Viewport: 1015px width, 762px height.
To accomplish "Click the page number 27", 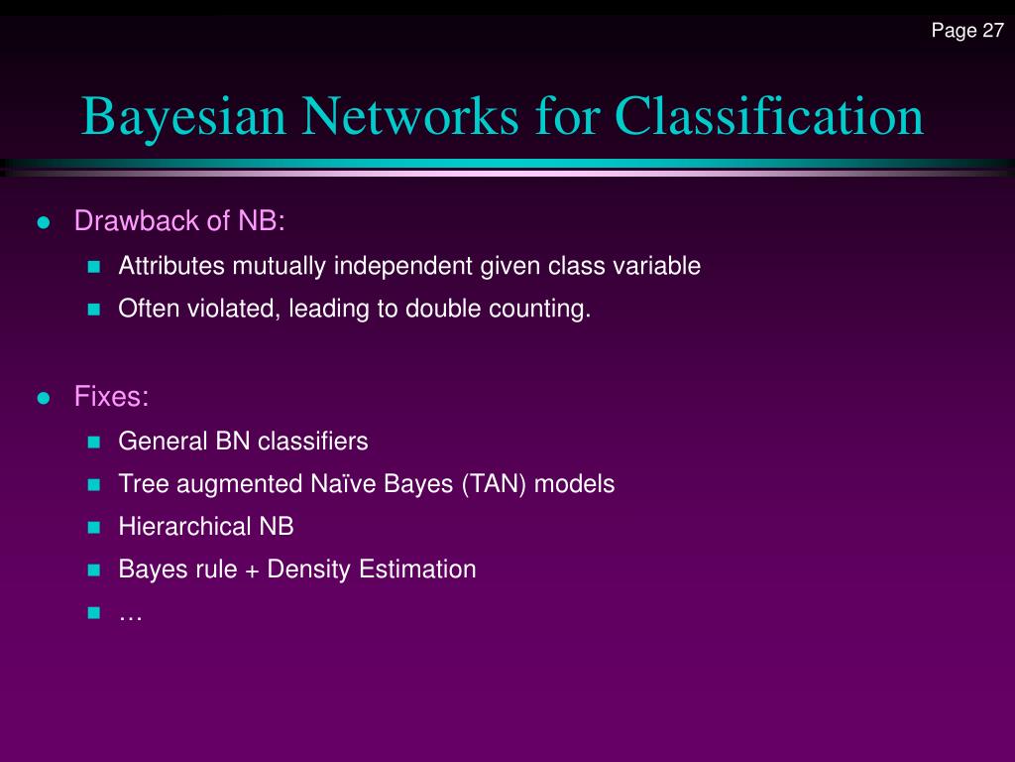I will pyautogui.click(x=993, y=31).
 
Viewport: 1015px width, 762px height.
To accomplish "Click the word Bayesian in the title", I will pyautogui.click(x=184, y=116).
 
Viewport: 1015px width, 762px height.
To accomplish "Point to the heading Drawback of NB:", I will pyautogui.click(x=179, y=220).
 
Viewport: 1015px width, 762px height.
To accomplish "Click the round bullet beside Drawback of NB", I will pyautogui.click(x=43, y=221).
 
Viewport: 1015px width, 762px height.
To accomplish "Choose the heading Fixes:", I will pyautogui.click(x=111, y=397).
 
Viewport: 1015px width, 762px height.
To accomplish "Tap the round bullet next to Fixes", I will pyautogui.click(x=43, y=398).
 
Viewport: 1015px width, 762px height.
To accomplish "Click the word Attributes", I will pyautogui.click(x=172, y=266).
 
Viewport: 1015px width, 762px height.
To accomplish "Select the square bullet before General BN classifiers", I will pyautogui.click(x=94, y=442).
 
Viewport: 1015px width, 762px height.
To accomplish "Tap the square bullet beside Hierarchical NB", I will pyautogui.click(x=94, y=527).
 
